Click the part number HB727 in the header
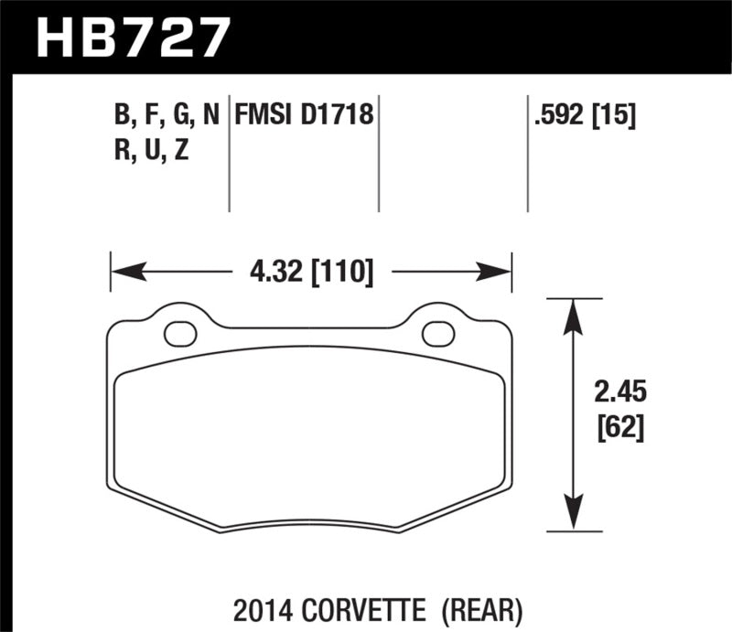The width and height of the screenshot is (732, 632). click(129, 37)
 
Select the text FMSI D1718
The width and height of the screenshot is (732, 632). click(306, 116)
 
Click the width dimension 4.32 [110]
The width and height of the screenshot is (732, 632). click(311, 272)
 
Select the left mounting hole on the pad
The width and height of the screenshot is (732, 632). click(180, 333)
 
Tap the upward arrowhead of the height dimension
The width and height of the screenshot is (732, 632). click(574, 314)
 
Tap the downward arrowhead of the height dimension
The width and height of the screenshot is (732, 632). click(574, 515)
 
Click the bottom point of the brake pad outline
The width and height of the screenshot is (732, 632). click(399, 529)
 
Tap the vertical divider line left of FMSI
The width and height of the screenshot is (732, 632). click(229, 155)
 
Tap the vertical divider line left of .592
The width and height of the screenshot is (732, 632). click(528, 155)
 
